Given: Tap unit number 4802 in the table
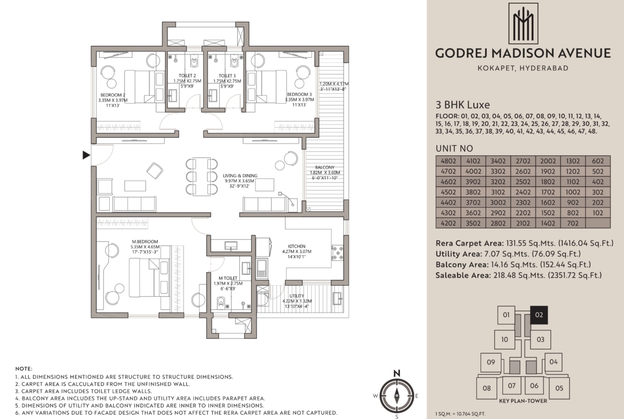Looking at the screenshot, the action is (449, 161).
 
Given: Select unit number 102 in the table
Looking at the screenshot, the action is (598, 212).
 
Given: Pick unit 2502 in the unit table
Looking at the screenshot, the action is (523, 181).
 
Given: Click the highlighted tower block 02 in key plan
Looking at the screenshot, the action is (539, 315).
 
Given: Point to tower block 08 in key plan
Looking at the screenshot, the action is (487, 389).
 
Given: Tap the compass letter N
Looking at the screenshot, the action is (397, 374).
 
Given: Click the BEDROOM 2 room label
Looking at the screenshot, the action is (113, 95).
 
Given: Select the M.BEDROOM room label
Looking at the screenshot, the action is (145, 242).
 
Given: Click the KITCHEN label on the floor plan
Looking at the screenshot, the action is (297, 247).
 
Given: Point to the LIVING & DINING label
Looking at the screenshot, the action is (240, 176).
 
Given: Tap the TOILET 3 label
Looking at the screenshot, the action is (227, 76).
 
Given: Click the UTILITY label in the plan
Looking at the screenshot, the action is (297, 296).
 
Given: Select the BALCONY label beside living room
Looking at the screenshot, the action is (325, 167).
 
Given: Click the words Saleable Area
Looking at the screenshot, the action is (463, 275).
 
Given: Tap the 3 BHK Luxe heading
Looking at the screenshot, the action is (463, 105).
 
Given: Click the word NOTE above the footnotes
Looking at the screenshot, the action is (24, 369).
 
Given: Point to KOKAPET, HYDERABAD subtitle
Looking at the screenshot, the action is (523, 68).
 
